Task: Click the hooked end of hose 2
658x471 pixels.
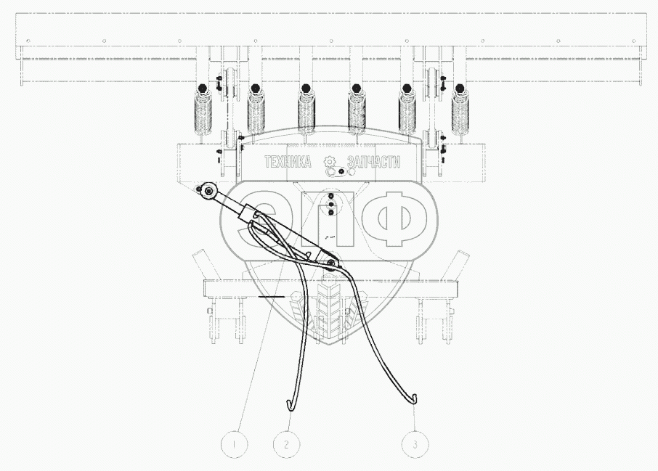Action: point(288,401)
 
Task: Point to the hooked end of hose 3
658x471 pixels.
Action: point(415,396)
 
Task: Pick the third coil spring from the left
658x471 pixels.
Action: point(306,113)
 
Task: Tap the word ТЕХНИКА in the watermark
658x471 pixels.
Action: point(288,162)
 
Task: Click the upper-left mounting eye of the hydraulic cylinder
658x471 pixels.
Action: point(209,192)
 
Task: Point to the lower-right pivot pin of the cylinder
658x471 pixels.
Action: point(330,262)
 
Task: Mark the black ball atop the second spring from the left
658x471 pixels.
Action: point(255,89)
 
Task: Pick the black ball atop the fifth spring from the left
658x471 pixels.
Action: point(407,89)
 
